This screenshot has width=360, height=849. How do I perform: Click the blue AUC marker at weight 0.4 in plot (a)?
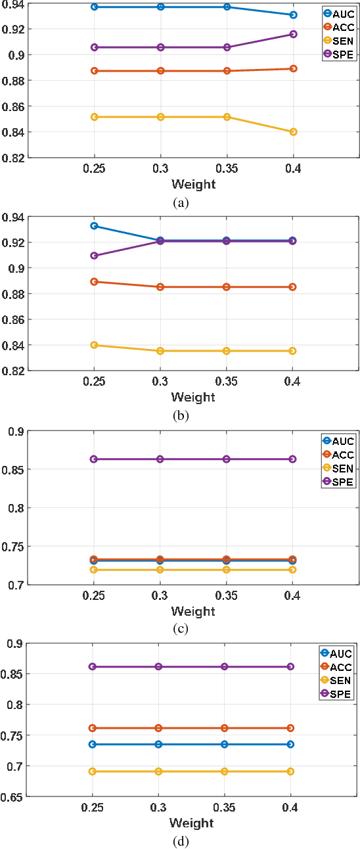(293, 14)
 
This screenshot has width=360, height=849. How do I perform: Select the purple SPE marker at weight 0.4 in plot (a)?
(293, 34)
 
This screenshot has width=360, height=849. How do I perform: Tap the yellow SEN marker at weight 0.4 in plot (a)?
(293, 131)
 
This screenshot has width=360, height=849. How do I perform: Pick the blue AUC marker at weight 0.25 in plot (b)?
(94, 226)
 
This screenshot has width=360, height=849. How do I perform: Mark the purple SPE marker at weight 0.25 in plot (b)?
(94, 256)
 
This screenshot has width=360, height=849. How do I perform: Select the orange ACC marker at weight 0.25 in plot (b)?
(94, 282)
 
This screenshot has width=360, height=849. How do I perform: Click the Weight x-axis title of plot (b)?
(193, 397)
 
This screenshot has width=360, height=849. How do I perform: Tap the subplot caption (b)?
(181, 416)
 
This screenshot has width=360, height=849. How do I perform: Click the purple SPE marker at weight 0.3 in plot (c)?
(160, 459)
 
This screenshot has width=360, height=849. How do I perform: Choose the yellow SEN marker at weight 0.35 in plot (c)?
(227, 570)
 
